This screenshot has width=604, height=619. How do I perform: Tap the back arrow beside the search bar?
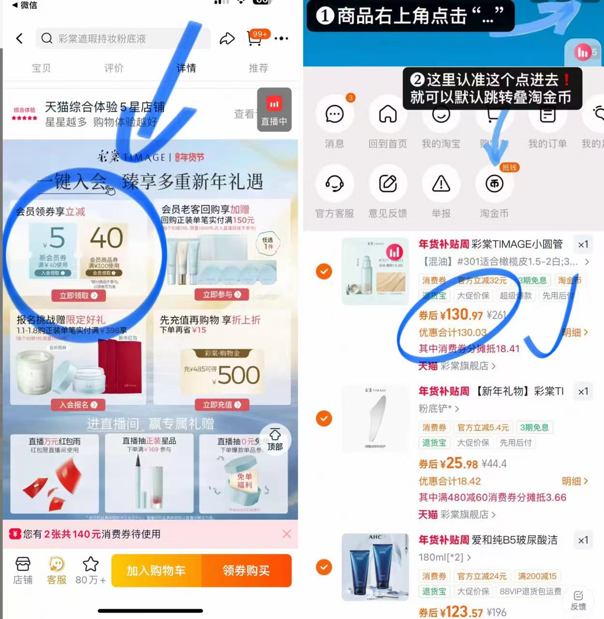(19, 39)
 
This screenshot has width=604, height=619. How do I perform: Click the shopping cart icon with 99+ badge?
(255, 39)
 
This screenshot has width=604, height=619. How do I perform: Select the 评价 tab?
(114, 68)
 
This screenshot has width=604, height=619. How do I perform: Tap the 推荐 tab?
(258, 68)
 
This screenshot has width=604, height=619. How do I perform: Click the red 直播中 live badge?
(274, 110)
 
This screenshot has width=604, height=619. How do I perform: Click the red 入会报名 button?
(78, 405)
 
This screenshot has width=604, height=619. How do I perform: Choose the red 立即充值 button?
(222, 405)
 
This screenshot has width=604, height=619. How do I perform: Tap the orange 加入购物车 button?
(156, 571)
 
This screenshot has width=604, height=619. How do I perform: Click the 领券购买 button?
(246, 571)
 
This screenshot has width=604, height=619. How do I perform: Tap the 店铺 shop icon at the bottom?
(23, 570)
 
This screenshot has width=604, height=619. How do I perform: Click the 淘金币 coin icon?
(494, 184)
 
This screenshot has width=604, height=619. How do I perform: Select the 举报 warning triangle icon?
(441, 184)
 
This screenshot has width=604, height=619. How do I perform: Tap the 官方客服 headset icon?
(334, 184)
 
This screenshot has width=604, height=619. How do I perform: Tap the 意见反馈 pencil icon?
(388, 184)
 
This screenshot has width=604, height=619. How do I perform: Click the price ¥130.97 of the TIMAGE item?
(451, 315)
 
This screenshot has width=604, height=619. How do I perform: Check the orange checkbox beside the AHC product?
(324, 567)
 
